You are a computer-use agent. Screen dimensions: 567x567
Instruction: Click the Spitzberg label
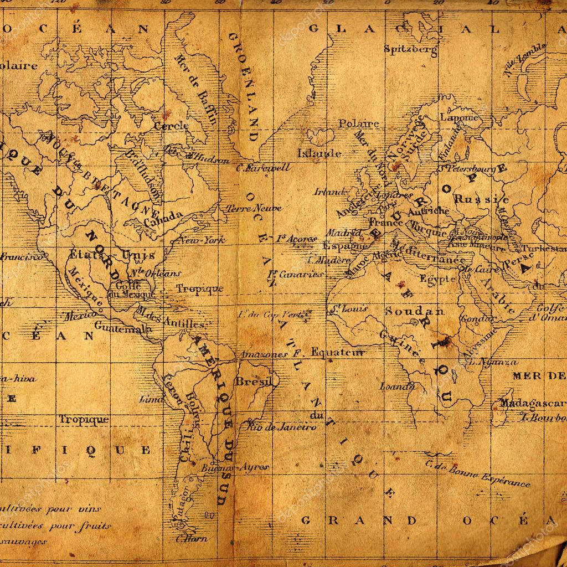pos(410,49)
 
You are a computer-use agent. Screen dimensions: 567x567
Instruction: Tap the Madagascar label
pos(532,403)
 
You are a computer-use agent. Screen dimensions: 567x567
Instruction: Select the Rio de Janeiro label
pos(282,427)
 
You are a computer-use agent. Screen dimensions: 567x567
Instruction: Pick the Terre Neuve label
pos(254,209)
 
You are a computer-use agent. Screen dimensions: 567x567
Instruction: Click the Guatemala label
pos(123,327)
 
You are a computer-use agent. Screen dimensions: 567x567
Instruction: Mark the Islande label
pos(319,153)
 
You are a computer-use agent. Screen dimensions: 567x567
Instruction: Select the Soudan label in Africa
pos(415,311)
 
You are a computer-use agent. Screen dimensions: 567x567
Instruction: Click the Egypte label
pos(437,279)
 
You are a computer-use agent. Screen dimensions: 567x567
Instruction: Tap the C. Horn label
pos(192,538)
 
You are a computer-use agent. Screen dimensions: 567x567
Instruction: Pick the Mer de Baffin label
pos(196,89)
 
